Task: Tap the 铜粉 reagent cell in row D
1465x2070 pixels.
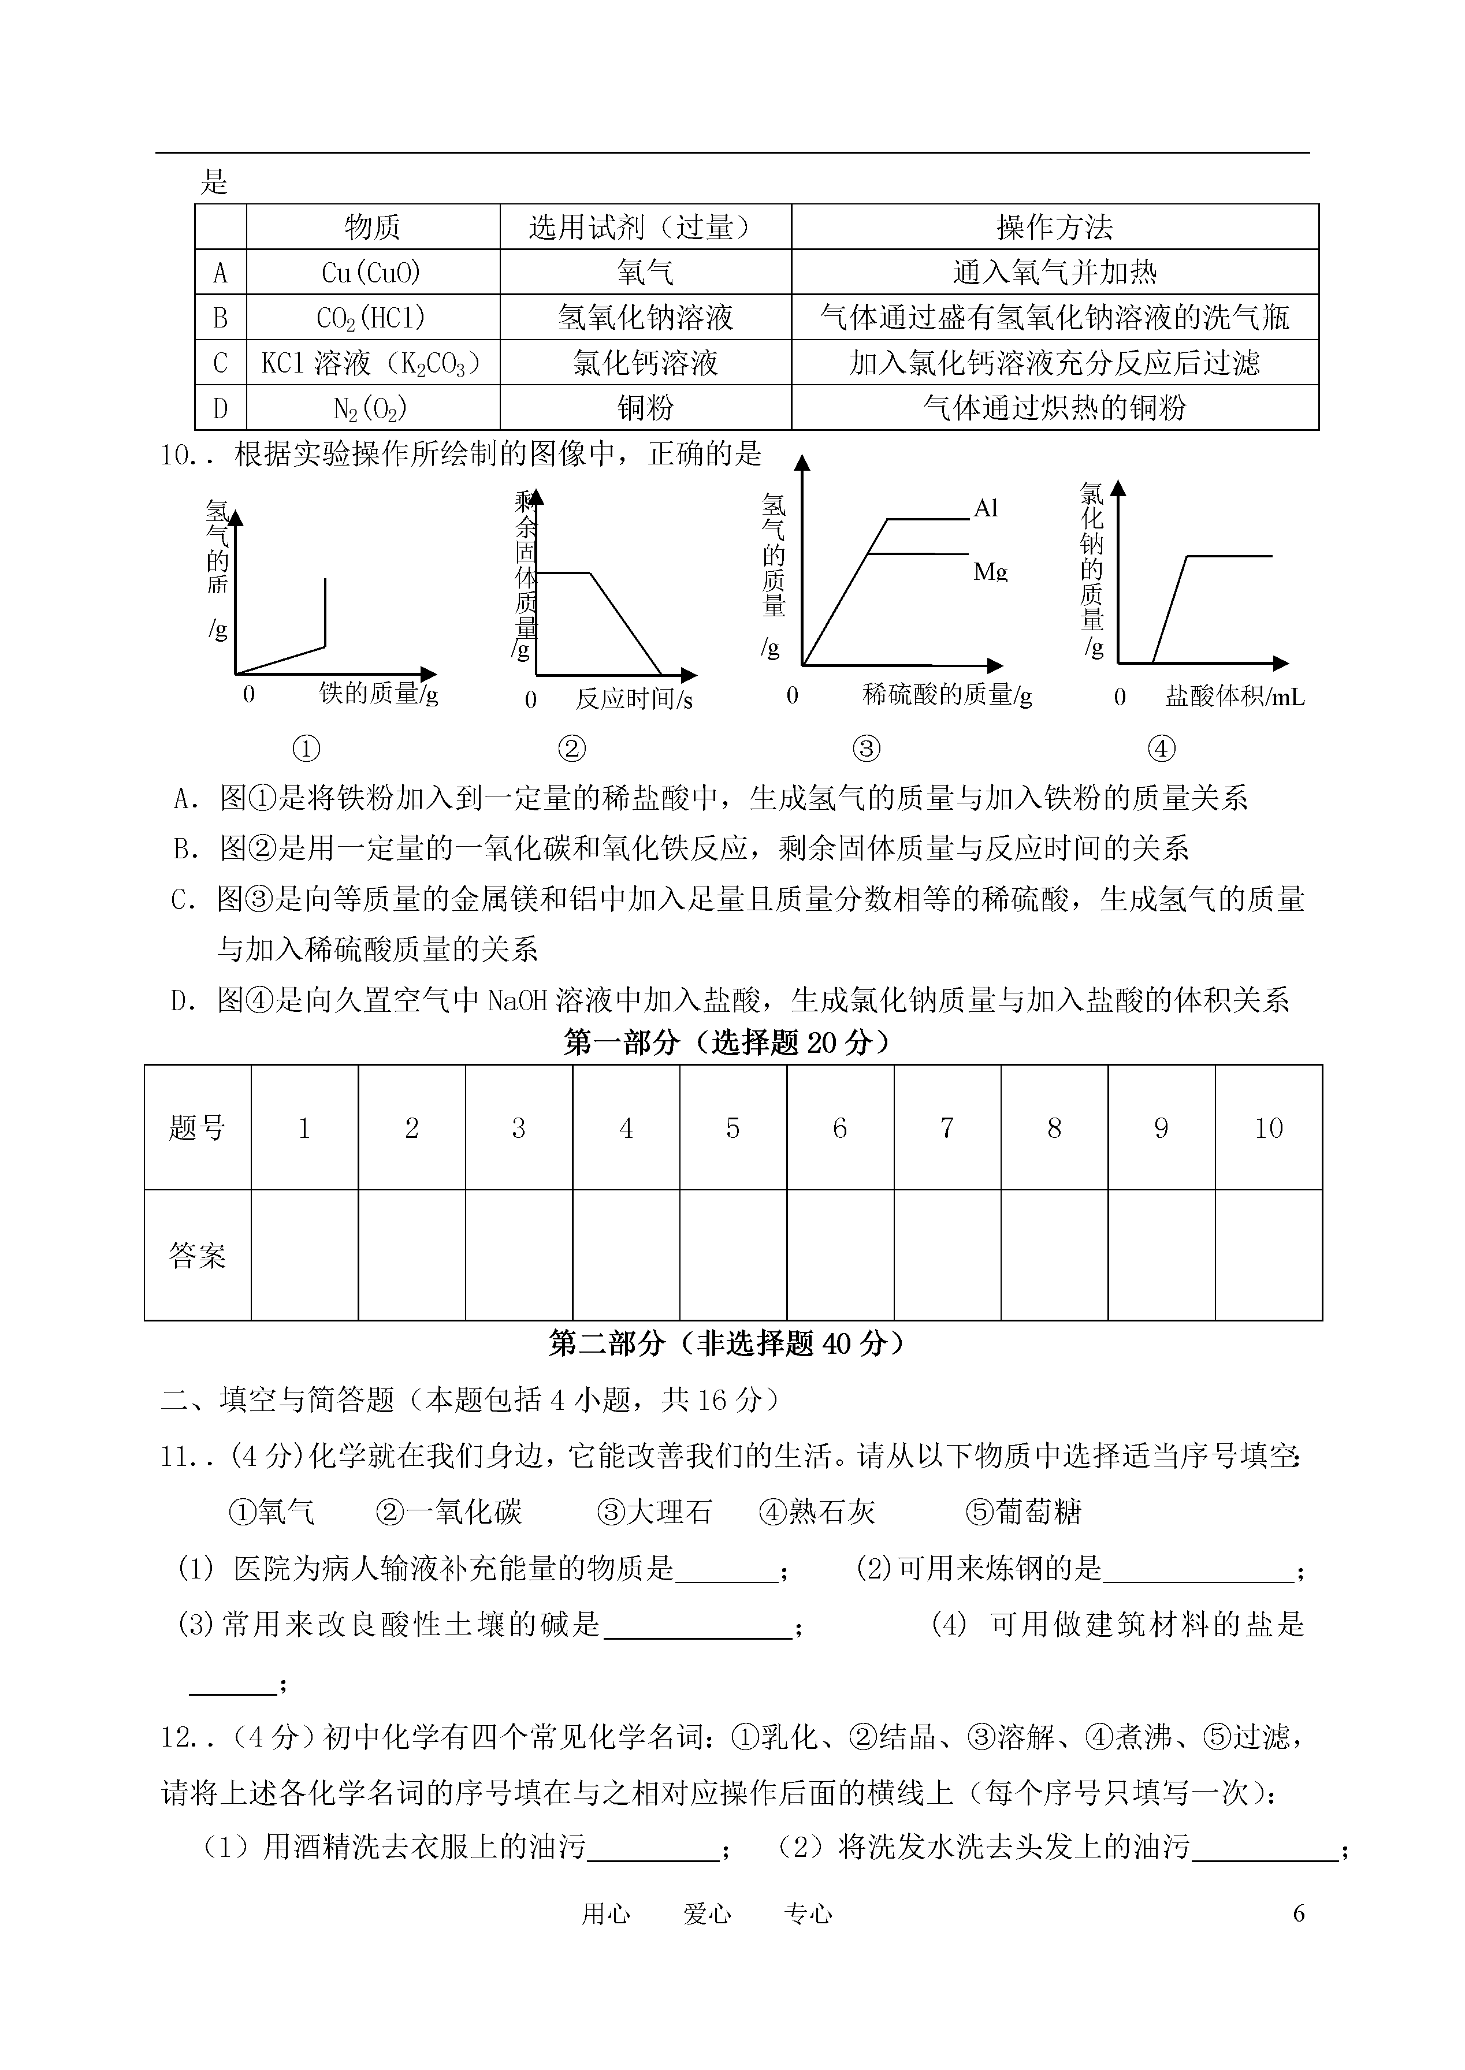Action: (x=645, y=408)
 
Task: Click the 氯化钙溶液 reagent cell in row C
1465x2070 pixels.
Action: (x=645, y=363)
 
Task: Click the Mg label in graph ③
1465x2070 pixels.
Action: (x=990, y=571)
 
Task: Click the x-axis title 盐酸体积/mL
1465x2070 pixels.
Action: (x=1234, y=697)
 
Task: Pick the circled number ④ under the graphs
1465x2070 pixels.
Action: (x=1161, y=748)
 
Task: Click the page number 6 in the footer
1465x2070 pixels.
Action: (x=1298, y=1913)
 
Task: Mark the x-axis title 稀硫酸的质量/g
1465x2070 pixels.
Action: (x=946, y=694)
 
